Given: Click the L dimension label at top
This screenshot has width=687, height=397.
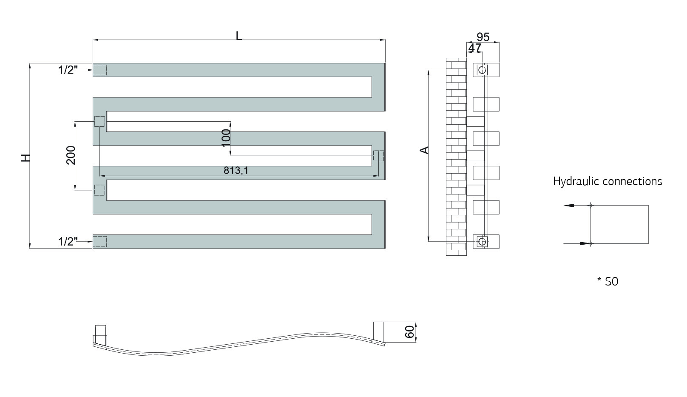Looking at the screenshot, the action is tap(238, 36).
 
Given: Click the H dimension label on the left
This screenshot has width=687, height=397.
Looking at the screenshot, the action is tap(26, 157).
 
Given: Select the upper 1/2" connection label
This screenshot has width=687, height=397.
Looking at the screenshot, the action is tap(68, 70).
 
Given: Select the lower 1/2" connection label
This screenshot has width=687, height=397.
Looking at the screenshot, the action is tap(68, 242).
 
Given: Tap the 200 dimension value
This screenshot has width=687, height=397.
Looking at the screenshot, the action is tap(71, 155).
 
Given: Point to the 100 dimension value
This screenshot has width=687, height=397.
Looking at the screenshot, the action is tap(226, 138).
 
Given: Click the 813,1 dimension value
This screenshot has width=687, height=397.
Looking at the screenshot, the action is tap(236, 170).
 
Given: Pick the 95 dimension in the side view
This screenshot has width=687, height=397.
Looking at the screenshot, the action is tap(483, 37).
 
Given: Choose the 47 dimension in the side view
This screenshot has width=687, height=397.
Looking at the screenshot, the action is tap(475, 48).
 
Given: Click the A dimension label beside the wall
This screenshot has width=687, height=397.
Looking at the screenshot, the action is tap(424, 150).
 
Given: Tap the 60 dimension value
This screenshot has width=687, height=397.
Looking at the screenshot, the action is tap(410, 332).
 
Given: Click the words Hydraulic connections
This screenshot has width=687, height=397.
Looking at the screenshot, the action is tap(608, 181).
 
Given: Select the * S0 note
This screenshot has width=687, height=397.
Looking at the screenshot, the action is tap(608, 281).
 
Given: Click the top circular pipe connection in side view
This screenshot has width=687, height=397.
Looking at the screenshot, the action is tap(482, 70).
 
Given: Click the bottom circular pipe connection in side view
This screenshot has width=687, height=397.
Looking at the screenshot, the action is tap(482, 242).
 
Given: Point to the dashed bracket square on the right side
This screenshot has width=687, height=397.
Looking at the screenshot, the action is tap(378, 156).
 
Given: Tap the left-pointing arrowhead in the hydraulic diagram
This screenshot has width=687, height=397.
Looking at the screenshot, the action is tap(569, 206).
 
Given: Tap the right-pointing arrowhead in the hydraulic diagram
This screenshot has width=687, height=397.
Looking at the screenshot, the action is tap(585, 243).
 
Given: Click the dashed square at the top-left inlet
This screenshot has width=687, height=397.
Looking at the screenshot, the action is tap(100, 70).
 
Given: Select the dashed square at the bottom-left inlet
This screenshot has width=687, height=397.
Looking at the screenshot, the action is tap(100, 242).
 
